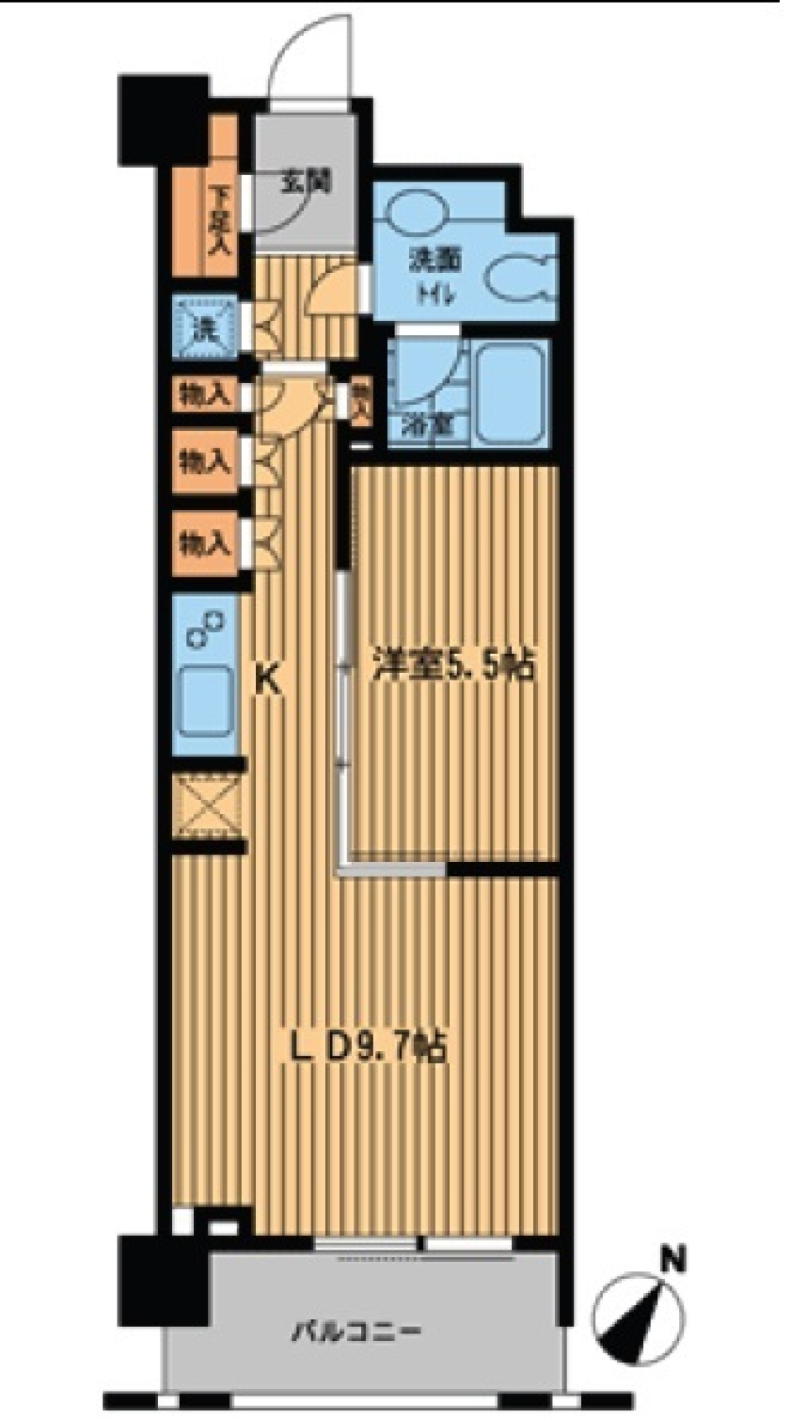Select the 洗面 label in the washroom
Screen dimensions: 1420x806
click(435, 260)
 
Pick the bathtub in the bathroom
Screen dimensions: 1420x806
click(511, 392)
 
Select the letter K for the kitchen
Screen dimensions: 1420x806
click(267, 678)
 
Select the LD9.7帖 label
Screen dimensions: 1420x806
click(367, 1048)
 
